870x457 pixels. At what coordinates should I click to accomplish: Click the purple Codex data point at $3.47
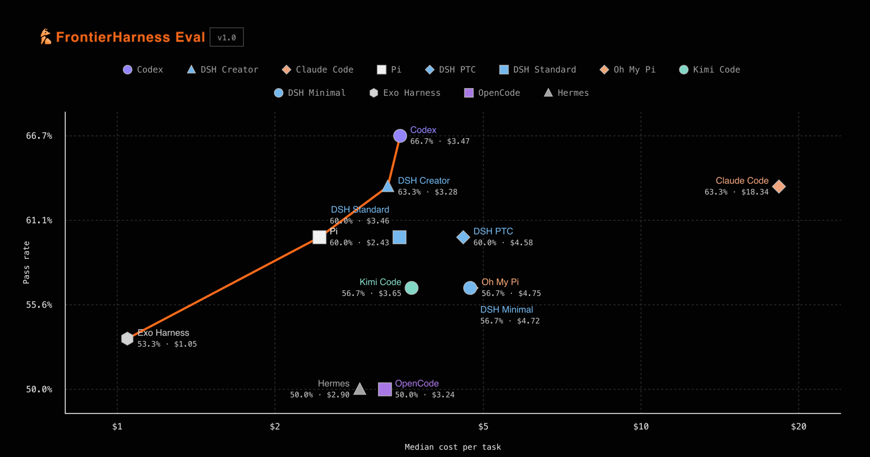(400, 136)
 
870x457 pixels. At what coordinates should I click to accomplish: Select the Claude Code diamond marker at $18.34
(779, 187)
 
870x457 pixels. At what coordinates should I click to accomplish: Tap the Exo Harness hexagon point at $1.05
(127, 338)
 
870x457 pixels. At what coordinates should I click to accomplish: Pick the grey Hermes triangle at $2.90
(359, 388)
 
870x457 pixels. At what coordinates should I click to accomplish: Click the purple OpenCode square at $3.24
(385, 389)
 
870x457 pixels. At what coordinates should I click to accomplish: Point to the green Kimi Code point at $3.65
(412, 288)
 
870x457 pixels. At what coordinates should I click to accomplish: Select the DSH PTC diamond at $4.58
(463, 237)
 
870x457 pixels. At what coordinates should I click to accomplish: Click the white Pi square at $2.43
(319, 237)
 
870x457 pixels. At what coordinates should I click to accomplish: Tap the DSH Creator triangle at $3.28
(388, 186)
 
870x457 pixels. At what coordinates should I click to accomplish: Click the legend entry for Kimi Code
(710, 70)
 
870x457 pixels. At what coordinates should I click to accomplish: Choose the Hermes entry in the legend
(566, 93)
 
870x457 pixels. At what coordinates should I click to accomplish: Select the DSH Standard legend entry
(538, 70)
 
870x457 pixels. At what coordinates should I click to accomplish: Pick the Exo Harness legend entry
(405, 93)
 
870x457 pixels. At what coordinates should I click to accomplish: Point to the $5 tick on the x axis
(483, 427)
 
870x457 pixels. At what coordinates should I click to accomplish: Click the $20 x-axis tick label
(799, 427)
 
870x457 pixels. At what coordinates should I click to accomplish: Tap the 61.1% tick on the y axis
(39, 220)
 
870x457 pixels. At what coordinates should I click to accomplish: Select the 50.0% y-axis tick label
(39, 390)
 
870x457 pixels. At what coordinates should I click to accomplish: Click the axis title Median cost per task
(453, 447)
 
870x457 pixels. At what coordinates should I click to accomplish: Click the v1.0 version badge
(227, 38)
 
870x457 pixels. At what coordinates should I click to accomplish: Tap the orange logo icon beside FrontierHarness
(46, 36)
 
